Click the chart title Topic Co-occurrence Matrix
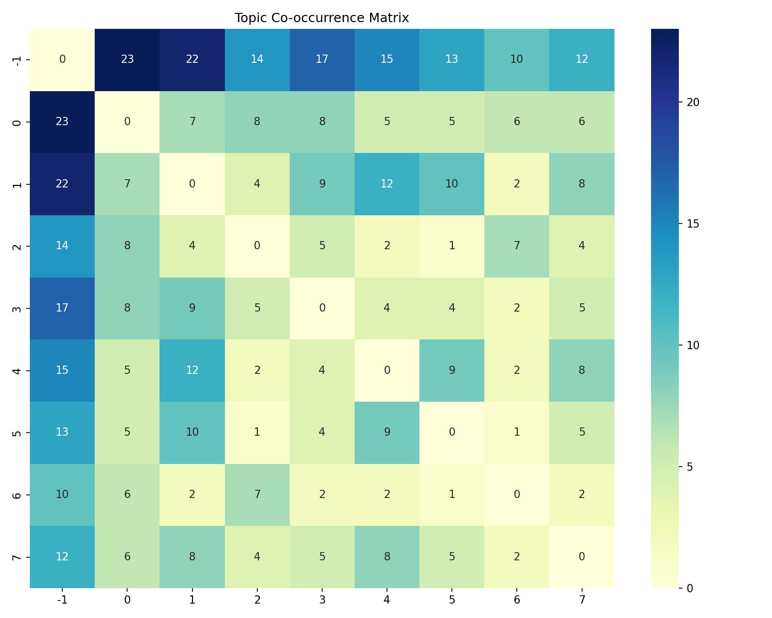pos(322,18)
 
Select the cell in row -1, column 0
pos(127,59)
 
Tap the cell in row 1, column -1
pos(62,184)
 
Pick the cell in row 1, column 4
pos(387,184)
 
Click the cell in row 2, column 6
pos(517,246)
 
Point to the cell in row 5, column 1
pos(192,432)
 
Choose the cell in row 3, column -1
pos(62,308)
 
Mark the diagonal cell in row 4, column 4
pos(387,370)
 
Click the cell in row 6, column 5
pos(452,494)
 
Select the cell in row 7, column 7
pos(582,557)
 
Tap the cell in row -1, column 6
pos(517,59)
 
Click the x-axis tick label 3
pos(322,599)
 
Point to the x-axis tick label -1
pos(62,599)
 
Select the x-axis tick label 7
pos(582,599)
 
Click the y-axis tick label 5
pos(17,432)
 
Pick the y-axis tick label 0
pos(17,122)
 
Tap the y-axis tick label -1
pos(17,59)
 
